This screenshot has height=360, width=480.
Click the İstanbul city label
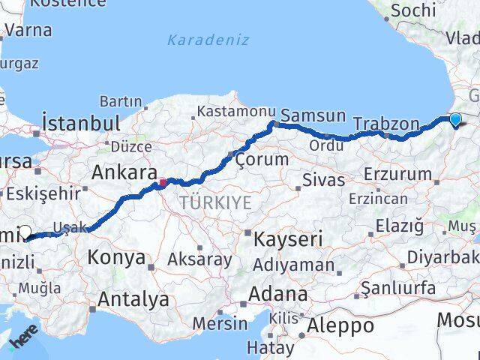[81, 123]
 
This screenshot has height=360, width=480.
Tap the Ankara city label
[124, 172]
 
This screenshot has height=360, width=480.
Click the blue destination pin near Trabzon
[455, 119]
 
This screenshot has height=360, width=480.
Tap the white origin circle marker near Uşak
[25, 232]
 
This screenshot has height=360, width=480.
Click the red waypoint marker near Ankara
[163, 181]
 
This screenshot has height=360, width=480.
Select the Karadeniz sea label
[199, 40]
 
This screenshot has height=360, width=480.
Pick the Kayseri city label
[288, 240]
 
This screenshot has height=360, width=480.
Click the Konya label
[116, 257]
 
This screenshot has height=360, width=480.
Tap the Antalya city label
[133, 300]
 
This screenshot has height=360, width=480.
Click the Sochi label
[412, 10]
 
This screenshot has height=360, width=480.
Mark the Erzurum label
[397, 175]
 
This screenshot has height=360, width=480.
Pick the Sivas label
[323, 180]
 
